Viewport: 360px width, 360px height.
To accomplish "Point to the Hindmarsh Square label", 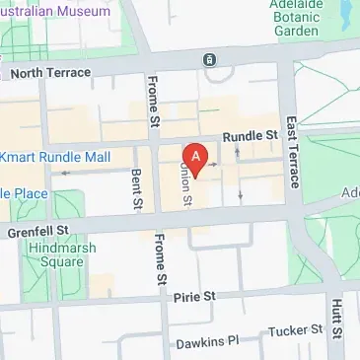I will pyautogui.click(x=63, y=256).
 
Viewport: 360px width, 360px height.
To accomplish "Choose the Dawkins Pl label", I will pyautogui.click(x=207, y=343).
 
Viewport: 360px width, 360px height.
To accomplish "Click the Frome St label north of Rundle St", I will pyautogui.click(x=153, y=104).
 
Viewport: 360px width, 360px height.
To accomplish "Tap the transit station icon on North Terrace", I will pyautogui.click(x=209, y=60).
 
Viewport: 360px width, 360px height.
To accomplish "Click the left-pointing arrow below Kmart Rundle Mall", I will pyautogui.click(x=65, y=173).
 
